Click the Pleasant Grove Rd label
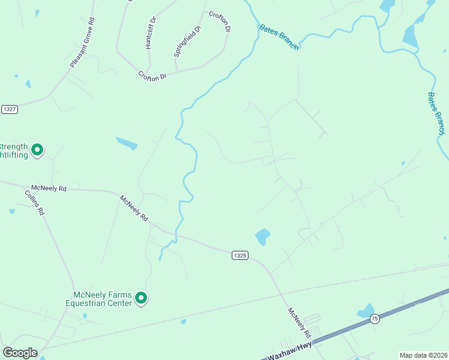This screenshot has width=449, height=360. click(x=83, y=43)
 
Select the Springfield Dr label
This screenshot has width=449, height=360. click(x=187, y=41)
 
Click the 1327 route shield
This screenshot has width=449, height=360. click(x=10, y=109)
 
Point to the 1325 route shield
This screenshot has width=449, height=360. click(x=240, y=256)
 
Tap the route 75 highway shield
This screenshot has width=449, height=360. click(x=375, y=318)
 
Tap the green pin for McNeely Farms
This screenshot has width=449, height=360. click(x=141, y=297)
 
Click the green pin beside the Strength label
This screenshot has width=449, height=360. click(x=37, y=149)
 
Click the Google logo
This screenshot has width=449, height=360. click(x=20, y=353)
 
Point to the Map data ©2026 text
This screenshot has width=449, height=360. click(x=424, y=355)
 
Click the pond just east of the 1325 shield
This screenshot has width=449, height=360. click(x=262, y=236)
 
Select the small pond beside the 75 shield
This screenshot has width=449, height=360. click(x=366, y=311)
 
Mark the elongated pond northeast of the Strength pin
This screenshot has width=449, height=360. click(x=127, y=143)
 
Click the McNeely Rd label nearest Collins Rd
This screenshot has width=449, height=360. click(x=50, y=188)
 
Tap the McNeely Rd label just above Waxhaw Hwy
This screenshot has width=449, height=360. click(x=299, y=322)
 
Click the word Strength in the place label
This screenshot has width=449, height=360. click(x=13, y=146)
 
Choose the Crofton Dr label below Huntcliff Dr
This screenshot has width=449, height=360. click(x=152, y=76)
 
